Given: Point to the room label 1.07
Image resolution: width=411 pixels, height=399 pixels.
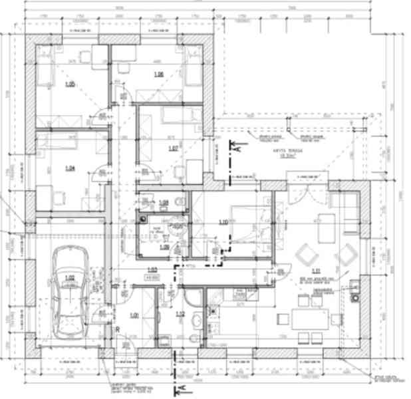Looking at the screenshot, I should (x=172, y=148).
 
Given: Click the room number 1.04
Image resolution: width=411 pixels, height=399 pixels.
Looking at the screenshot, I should (x=69, y=168).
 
